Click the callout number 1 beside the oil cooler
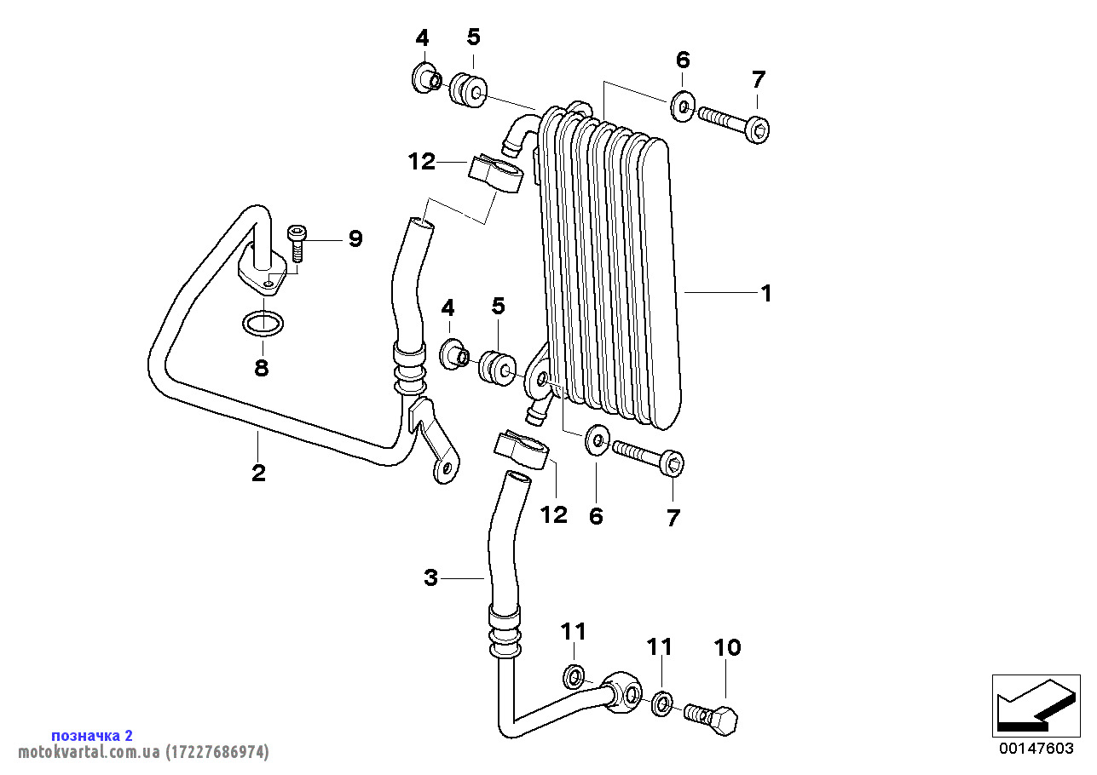(766, 294)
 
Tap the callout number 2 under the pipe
(258, 473)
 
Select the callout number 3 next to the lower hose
(430, 577)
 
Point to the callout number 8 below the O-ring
(262, 368)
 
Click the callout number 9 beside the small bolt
(355, 238)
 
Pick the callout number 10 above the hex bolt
(727, 648)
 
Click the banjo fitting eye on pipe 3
(623, 691)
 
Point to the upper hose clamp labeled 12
(495, 173)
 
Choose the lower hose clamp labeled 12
(522, 449)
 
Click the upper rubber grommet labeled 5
(468, 90)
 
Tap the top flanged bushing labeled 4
(426, 78)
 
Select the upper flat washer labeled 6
(683, 106)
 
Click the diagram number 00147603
(1036, 749)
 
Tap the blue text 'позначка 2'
(92, 736)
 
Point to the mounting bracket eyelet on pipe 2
(446, 468)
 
